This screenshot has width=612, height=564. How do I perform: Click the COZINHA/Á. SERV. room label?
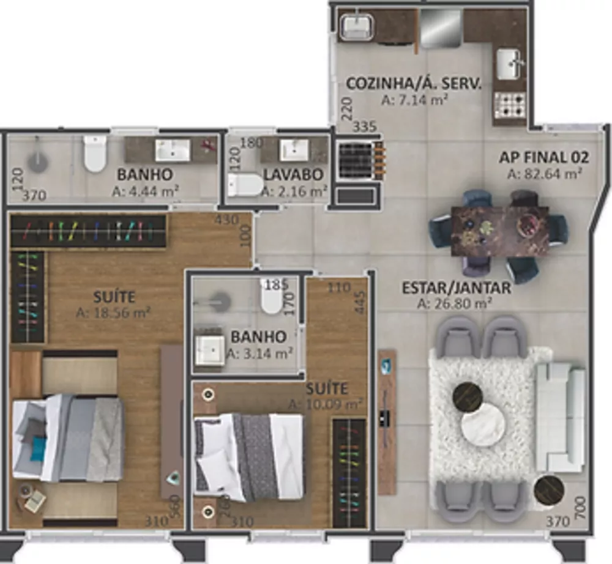pyautogui.click(x=414, y=84)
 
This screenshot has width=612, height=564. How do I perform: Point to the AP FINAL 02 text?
pyautogui.click(x=544, y=158)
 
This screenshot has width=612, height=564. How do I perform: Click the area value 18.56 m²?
pyautogui.click(x=114, y=313)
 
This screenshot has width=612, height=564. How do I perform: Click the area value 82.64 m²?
pyautogui.click(x=544, y=174)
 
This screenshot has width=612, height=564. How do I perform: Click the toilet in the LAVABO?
pyautogui.click(x=245, y=185)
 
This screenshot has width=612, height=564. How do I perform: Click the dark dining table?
pyautogui.click(x=499, y=230)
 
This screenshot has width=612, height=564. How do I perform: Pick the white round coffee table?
pyautogui.click(x=483, y=426)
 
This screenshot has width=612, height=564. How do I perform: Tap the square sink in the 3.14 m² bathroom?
pyautogui.click(x=211, y=351)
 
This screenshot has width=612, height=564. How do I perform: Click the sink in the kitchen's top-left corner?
pyautogui.click(x=356, y=26)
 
